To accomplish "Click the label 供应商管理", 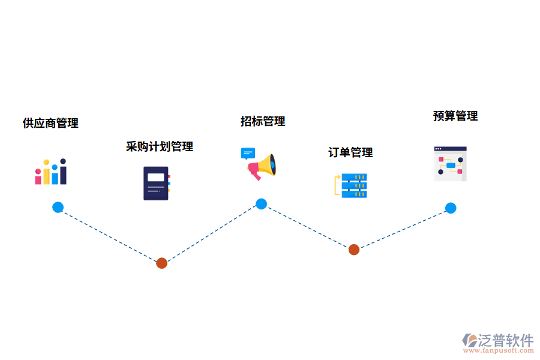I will pos(50,124).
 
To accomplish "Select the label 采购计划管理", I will pos(160,146).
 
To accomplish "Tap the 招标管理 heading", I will pos(263,121).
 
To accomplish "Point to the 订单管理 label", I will pos(350,152).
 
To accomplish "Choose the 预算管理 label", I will pos(455,116).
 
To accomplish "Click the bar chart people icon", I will pos(50,172).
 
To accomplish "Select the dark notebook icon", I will pos(156,183).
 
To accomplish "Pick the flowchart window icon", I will pos(450,164).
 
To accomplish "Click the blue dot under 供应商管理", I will pos(58,208).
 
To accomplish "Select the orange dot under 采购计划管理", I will pos(161,263).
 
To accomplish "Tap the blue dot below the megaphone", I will pos(261,204).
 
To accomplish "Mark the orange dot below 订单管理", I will pos(354,250).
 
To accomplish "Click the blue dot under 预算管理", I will pos(451,208).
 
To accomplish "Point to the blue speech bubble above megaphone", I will pos(248,153).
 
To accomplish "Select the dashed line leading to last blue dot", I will pos(402,229).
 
